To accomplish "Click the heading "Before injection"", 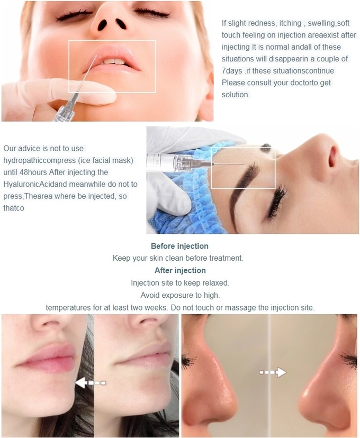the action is pos(179,246).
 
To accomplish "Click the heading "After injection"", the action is pos(180,270).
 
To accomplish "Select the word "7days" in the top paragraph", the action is pos(232,71).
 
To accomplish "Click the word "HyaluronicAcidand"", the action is pos(35,185).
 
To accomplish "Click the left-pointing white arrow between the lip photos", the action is pos(91,382).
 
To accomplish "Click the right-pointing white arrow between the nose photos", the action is pos(273,372).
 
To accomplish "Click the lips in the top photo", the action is pos(112,59).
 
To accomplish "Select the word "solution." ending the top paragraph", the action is pos(236,95).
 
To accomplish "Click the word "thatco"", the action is pos(14,208).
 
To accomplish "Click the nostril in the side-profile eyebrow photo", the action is pos(333,157).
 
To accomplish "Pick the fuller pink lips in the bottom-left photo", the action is pos(47,358).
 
